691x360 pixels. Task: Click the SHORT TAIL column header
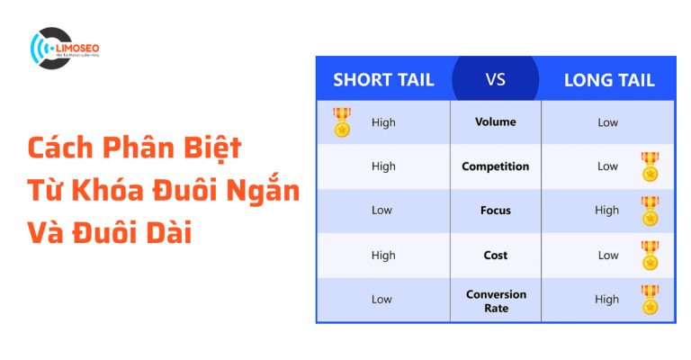click(383, 79)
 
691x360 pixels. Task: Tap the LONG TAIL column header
click(609, 79)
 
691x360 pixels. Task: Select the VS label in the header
click(495, 78)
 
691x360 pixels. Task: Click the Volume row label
click(495, 121)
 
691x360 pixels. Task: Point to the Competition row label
click(495, 166)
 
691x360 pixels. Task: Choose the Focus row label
click(495, 210)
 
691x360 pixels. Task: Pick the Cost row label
click(495, 255)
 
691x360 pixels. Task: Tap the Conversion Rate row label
click(495, 301)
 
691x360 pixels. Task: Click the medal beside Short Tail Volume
click(342, 122)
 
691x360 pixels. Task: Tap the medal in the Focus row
click(650, 211)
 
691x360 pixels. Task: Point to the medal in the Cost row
click(650, 255)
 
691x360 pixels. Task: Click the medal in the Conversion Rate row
click(650, 300)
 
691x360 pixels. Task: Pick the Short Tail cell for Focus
click(383, 210)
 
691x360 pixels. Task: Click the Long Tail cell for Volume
click(608, 121)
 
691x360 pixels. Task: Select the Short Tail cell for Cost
click(383, 255)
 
